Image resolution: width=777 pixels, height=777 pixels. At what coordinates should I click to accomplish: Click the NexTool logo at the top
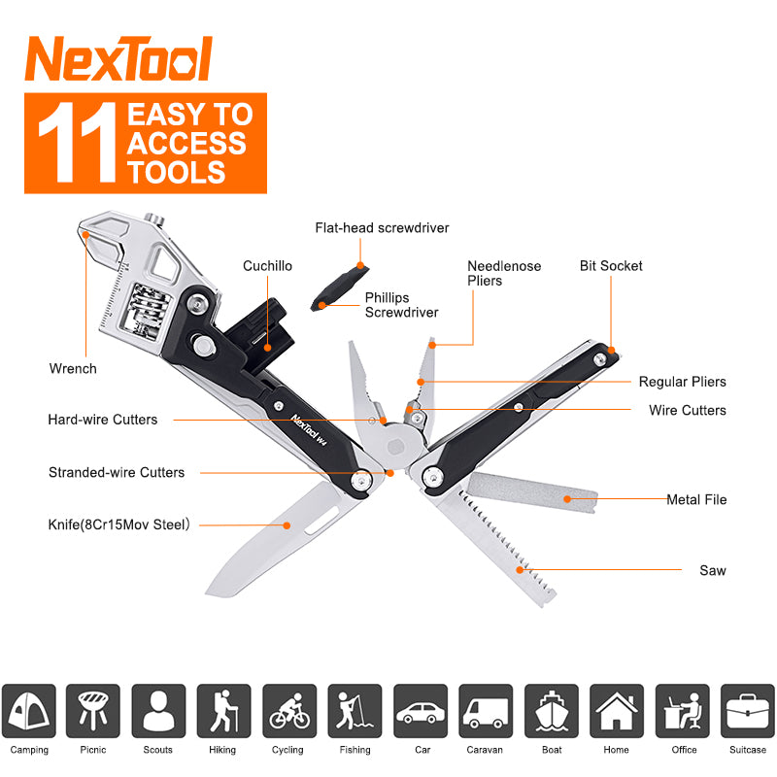click(118, 60)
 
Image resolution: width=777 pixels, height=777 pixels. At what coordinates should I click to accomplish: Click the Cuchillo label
click(267, 265)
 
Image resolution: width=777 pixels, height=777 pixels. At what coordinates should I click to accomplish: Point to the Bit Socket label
click(611, 265)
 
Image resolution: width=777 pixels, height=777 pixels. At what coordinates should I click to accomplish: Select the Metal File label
click(696, 499)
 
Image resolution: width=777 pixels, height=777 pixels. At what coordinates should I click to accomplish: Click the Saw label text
click(712, 570)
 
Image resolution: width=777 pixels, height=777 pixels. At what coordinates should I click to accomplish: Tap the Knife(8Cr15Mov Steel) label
click(118, 524)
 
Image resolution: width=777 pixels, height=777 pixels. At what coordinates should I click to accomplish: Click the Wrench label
click(73, 368)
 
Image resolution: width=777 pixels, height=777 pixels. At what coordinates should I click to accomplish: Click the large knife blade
click(272, 539)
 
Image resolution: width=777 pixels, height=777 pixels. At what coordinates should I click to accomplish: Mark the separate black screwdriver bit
click(335, 289)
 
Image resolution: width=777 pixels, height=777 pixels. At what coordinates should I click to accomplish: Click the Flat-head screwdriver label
click(382, 228)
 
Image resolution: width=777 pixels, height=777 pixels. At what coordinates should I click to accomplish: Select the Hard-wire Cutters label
click(102, 420)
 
